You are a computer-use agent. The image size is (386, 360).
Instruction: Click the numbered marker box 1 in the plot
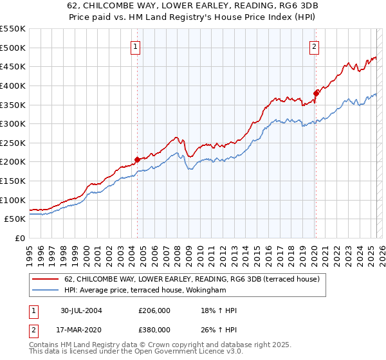[x=136, y=46]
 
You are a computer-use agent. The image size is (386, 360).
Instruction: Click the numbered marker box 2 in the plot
[x=315, y=46]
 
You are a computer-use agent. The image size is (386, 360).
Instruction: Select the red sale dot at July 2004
[x=137, y=159]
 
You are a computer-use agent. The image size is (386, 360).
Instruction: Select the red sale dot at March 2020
[x=316, y=93]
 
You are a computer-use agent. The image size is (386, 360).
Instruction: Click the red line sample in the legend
[x=46, y=279]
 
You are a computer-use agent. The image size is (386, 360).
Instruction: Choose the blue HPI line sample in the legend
[x=46, y=290]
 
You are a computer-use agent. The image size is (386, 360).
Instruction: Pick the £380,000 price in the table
[x=154, y=329]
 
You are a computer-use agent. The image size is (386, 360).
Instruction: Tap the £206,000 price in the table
[x=154, y=310]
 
